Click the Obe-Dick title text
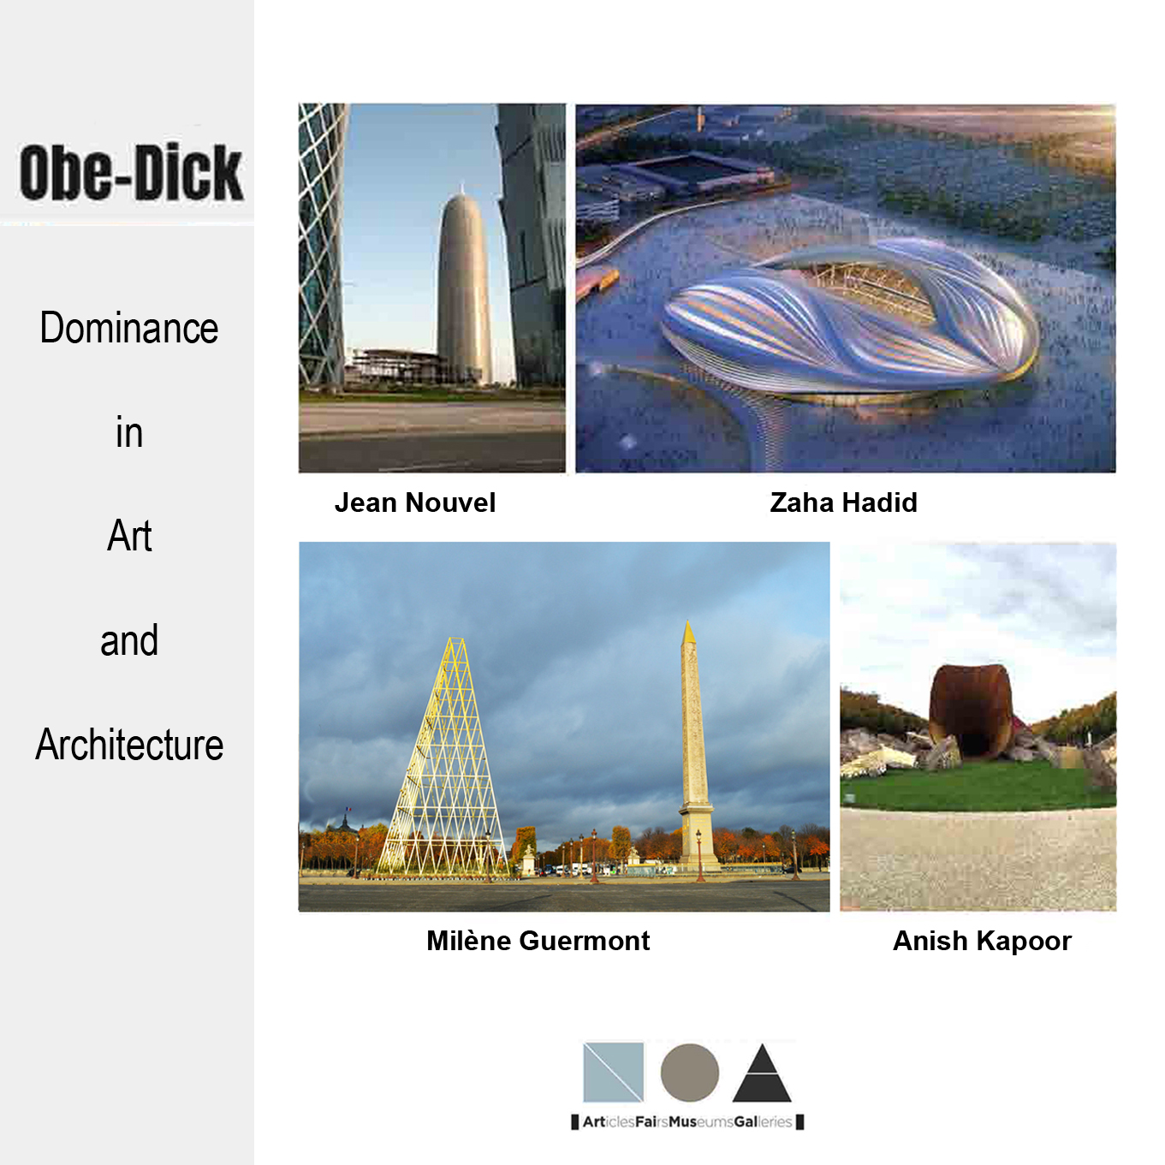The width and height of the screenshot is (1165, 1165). (x=131, y=172)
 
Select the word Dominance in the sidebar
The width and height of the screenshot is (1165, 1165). (x=128, y=328)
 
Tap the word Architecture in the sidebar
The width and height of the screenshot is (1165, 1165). (x=128, y=744)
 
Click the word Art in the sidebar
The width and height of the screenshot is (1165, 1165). (x=128, y=536)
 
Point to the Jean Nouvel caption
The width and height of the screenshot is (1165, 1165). (x=415, y=502)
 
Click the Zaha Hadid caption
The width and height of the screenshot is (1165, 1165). (x=843, y=502)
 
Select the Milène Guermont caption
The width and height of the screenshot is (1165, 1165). (x=538, y=941)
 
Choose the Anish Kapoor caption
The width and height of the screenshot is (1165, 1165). (x=982, y=941)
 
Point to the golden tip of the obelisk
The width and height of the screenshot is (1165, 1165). (x=687, y=633)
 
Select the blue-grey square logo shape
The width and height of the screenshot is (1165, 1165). (x=613, y=1072)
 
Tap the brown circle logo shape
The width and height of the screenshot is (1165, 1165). (x=689, y=1073)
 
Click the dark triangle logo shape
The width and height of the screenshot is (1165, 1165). (x=762, y=1073)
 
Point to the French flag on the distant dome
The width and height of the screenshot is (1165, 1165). (x=348, y=808)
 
